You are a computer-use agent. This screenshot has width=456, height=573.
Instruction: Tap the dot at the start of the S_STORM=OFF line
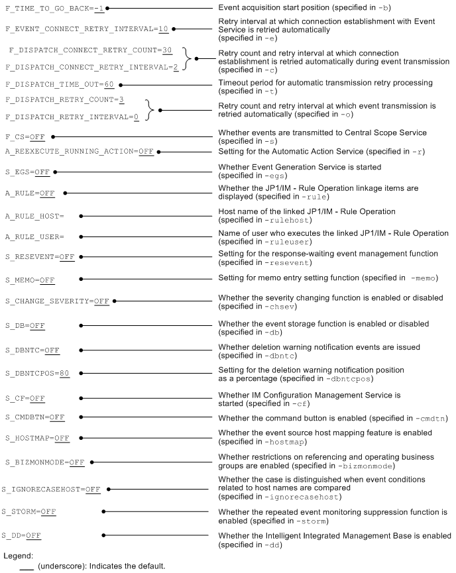tap(104, 511)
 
